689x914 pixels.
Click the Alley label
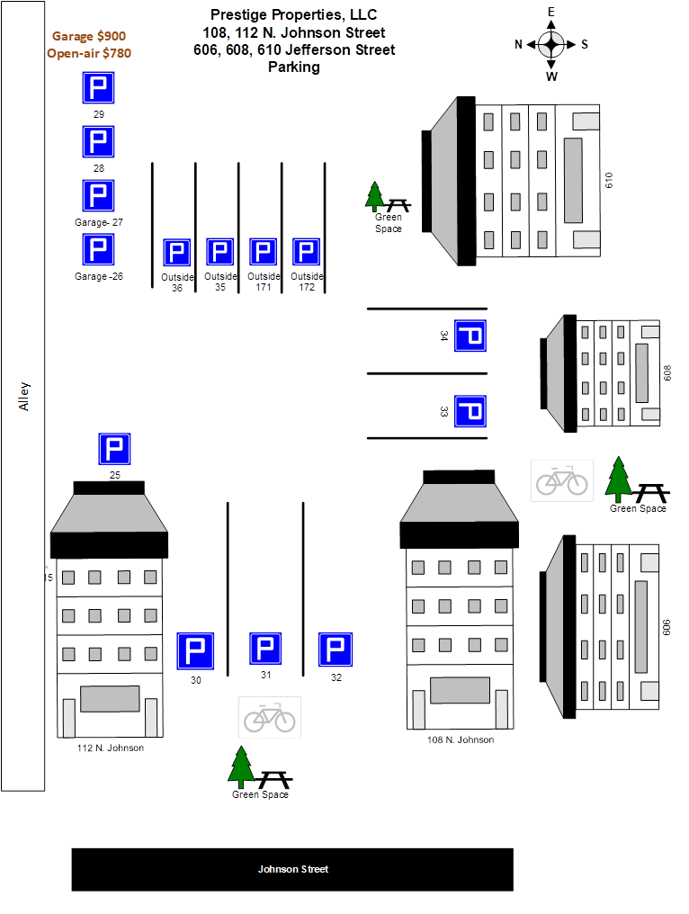pyautogui.click(x=24, y=396)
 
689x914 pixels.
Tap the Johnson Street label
pyautogui.click(x=292, y=869)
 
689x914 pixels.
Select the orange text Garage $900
pyautogui.click(x=89, y=36)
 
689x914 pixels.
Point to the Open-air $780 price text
pyautogui.click(x=89, y=53)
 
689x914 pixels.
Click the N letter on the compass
pyautogui.click(x=519, y=43)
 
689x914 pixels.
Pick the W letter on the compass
pyautogui.click(x=551, y=76)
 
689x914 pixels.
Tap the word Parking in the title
pyautogui.click(x=293, y=67)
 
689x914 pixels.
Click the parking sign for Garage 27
pyautogui.click(x=99, y=196)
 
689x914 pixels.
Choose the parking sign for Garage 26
pyautogui.click(x=99, y=250)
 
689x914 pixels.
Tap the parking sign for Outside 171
pyautogui.click(x=263, y=253)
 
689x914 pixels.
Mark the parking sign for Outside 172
pyautogui.click(x=306, y=253)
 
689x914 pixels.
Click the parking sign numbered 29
pyautogui.click(x=115, y=449)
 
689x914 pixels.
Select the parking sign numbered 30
pyautogui.click(x=195, y=651)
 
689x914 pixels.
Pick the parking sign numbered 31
pyautogui.click(x=265, y=649)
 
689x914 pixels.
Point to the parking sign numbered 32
pyautogui.click(x=336, y=650)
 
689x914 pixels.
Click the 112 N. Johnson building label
pyautogui.click(x=112, y=748)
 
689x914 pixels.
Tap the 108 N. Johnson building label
pyautogui.click(x=460, y=739)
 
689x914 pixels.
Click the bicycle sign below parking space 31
pyautogui.click(x=270, y=718)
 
